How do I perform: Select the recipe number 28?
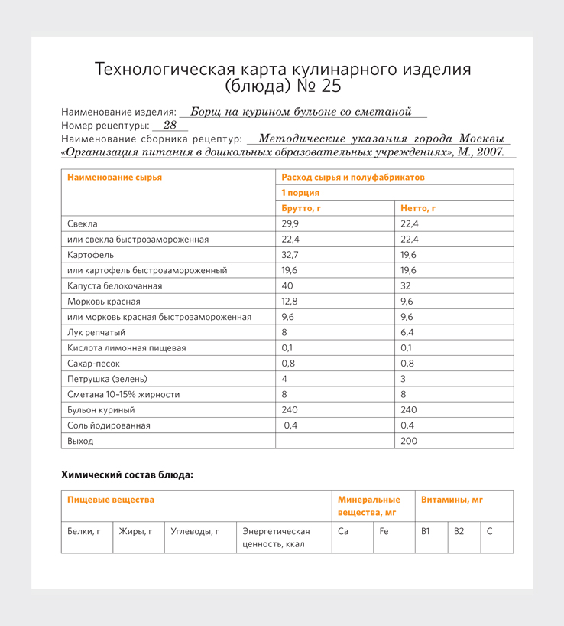pyautogui.click(x=170, y=125)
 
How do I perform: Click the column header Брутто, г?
pyautogui.click(x=300, y=208)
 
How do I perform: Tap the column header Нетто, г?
pyautogui.click(x=418, y=208)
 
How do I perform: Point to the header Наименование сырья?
pyautogui.click(x=115, y=177)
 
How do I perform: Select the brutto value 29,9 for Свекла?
pyautogui.click(x=290, y=223)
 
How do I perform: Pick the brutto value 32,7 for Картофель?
pyautogui.click(x=290, y=255)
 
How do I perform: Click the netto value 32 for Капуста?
pyautogui.click(x=407, y=285)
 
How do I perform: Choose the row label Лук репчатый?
pyautogui.click(x=96, y=332)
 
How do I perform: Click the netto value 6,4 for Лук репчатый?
pyautogui.click(x=408, y=332)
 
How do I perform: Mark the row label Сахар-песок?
pyautogui.click(x=93, y=364)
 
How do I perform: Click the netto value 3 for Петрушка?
pyautogui.click(x=404, y=379)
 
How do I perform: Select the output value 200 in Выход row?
pyautogui.click(x=410, y=441)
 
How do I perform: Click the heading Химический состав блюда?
pyautogui.click(x=127, y=475)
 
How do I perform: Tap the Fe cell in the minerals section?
pyautogui.click(x=384, y=530)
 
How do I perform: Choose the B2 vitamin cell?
pyautogui.click(x=459, y=530)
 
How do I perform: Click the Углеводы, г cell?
pyautogui.click(x=195, y=530)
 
